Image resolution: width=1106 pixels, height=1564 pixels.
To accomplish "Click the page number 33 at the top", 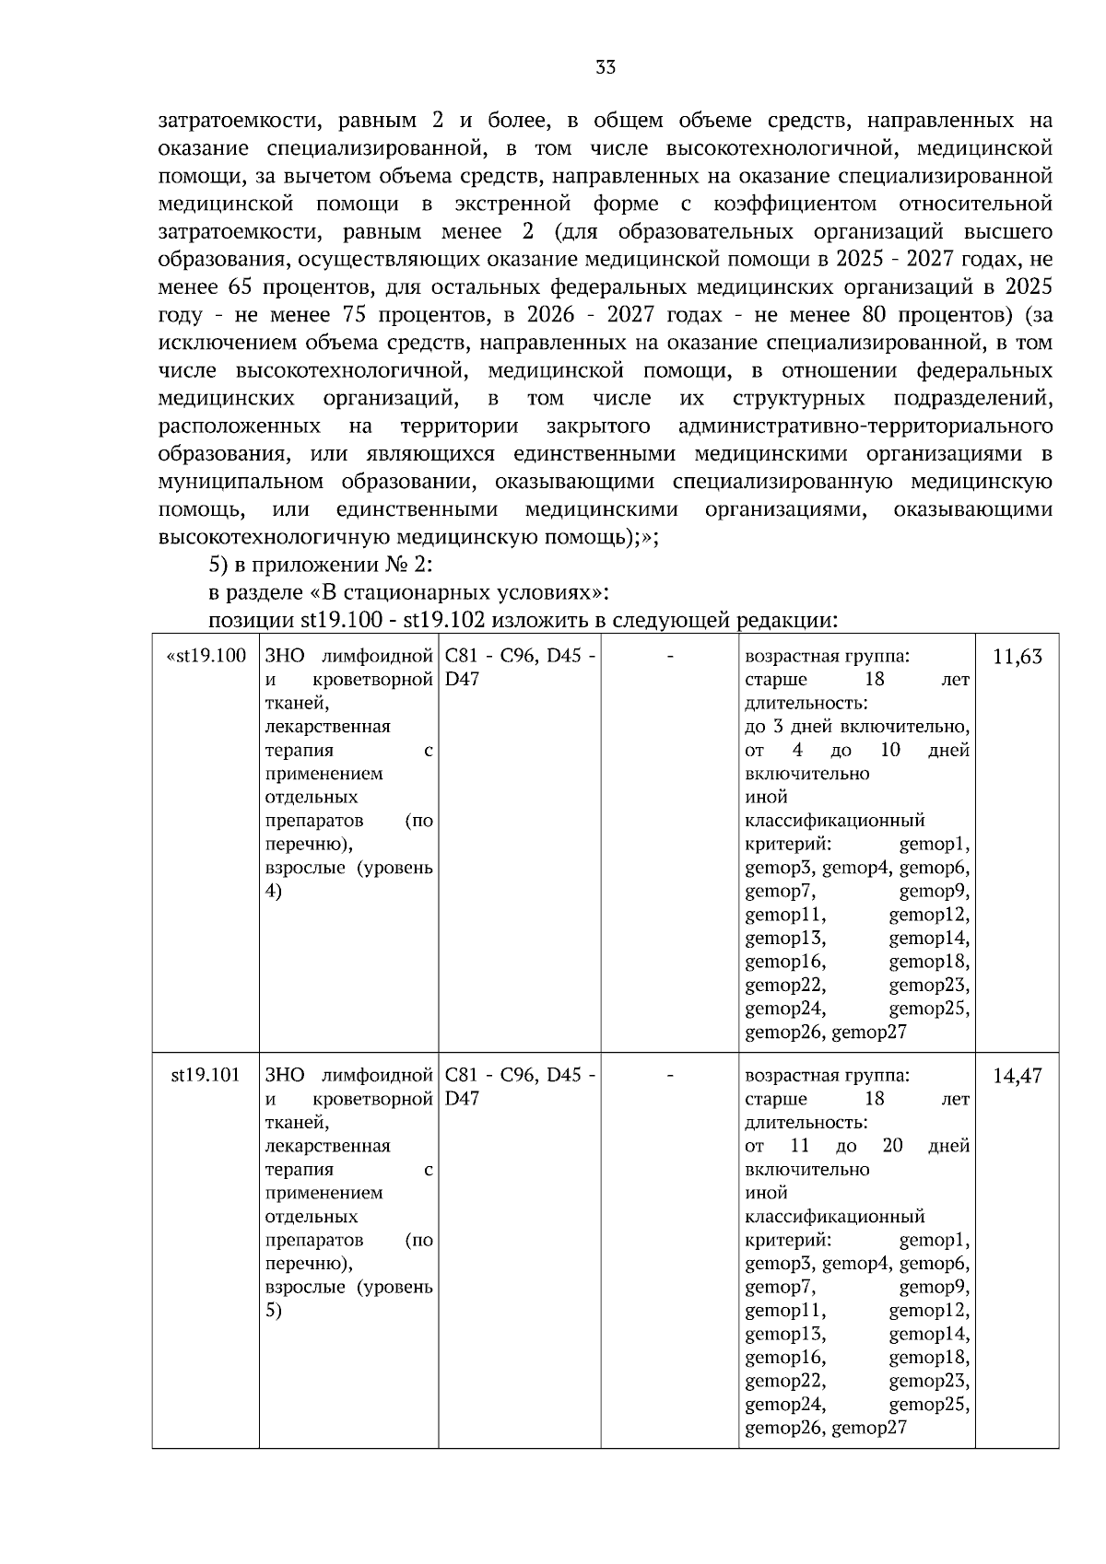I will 606,67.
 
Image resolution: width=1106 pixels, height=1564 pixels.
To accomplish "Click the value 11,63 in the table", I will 1017,658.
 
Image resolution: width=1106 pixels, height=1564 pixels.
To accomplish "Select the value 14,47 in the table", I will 1017,1076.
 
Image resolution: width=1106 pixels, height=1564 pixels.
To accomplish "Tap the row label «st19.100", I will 206,657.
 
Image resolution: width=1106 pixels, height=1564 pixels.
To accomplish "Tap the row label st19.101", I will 206,1075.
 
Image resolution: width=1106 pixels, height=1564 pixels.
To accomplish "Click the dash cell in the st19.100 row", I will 670,657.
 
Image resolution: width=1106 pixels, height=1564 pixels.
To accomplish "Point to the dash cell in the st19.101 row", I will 670,1075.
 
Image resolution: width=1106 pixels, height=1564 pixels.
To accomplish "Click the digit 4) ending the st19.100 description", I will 274,892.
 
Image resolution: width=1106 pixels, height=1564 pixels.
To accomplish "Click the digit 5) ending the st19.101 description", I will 274,1311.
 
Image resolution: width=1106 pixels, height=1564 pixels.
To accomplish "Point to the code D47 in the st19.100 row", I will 462,681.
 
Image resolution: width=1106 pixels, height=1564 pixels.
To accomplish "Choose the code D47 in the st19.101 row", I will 462,1100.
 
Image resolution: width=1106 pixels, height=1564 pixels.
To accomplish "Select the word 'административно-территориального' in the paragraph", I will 865,426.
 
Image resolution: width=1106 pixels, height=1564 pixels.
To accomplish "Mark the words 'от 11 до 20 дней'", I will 856,1147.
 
